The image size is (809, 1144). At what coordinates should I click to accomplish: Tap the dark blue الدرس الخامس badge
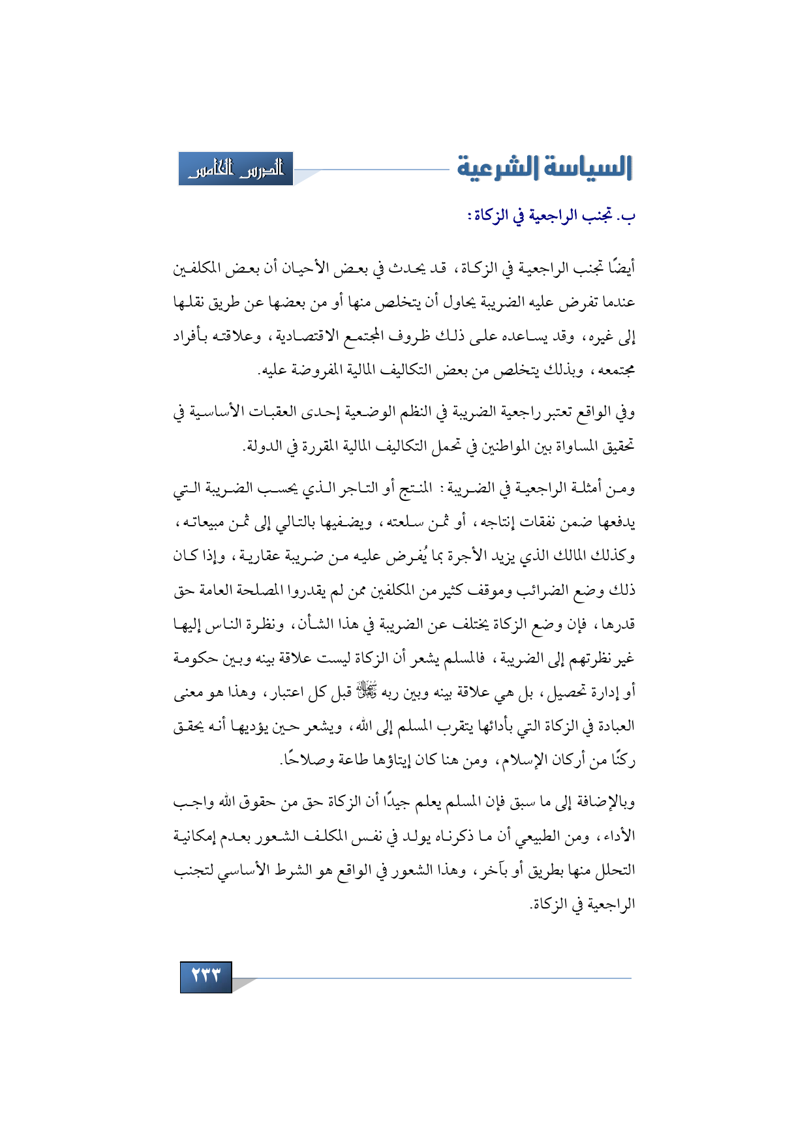click(236, 169)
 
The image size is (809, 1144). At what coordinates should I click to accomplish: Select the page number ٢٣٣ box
click(206, 976)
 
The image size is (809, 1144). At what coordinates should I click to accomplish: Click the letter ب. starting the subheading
click(626, 216)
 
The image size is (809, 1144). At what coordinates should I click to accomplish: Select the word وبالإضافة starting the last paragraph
click(603, 802)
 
